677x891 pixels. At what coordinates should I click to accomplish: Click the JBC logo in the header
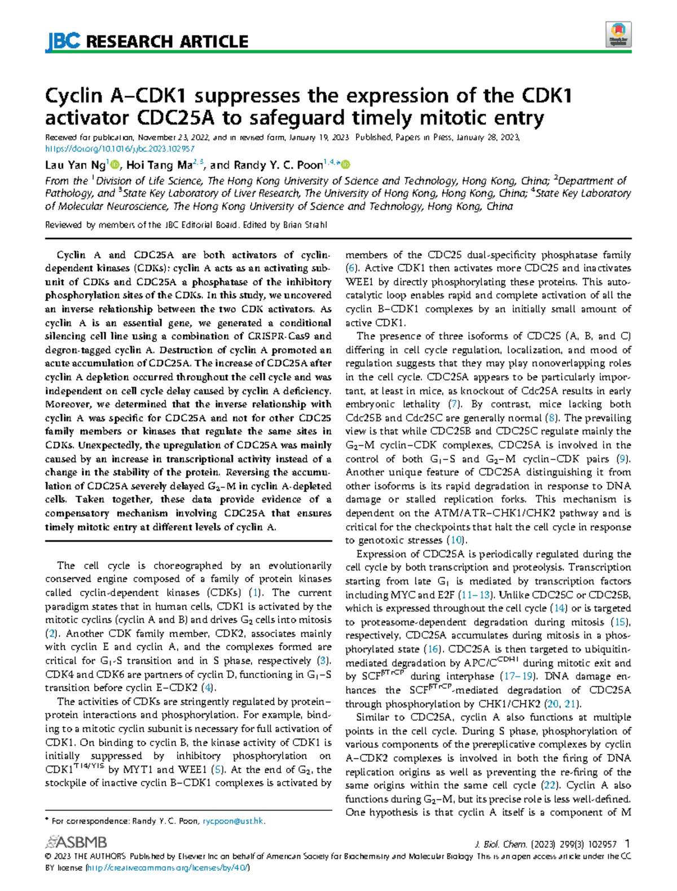click(63, 41)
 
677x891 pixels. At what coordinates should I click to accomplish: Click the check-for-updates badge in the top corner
click(618, 34)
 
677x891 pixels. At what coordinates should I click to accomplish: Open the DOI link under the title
click(120, 149)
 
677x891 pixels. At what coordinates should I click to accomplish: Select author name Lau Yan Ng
click(76, 165)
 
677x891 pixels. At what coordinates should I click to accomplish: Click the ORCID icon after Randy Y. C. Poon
click(346, 165)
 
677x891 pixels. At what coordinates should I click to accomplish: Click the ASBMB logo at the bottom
click(76, 843)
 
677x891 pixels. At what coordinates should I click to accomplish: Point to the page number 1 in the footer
click(628, 844)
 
